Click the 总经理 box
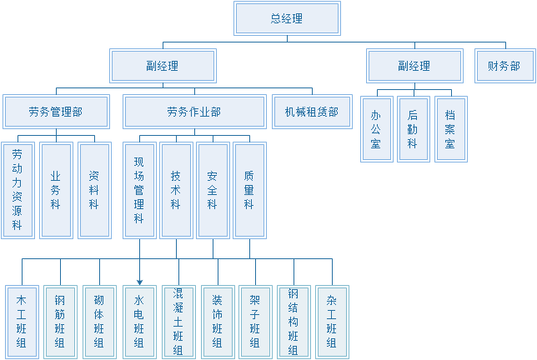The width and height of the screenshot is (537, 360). click(x=288, y=18)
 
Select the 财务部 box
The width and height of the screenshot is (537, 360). click(x=503, y=66)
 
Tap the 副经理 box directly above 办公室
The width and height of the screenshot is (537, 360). click(x=414, y=66)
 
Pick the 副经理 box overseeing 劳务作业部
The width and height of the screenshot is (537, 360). click(x=163, y=66)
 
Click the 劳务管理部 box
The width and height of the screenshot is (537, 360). click(x=56, y=112)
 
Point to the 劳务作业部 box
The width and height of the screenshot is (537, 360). click(x=194, y=112)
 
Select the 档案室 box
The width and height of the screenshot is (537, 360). click(x=450, y=129)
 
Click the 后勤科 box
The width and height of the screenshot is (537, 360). click(x=414, y=129)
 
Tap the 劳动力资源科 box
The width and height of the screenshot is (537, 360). click(x=18, y=191)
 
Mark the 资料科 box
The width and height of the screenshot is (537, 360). click(x=94, y=191)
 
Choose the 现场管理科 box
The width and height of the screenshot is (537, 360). click(x=139, y=191)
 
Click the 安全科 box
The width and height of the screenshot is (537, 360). click(x=213, y=191)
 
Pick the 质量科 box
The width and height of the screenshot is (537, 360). click(x=249, y=191)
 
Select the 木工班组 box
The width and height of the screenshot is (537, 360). click(x=21, y=321)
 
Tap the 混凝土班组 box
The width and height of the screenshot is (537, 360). click(x=178, y=321)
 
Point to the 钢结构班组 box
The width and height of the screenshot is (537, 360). click(x=293, y=321)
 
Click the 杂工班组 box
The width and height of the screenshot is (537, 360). click(x=332, y=321)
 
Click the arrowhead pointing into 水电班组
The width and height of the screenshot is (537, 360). click(x=139, y=281)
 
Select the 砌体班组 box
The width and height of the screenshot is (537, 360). click(x=99, y=321)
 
